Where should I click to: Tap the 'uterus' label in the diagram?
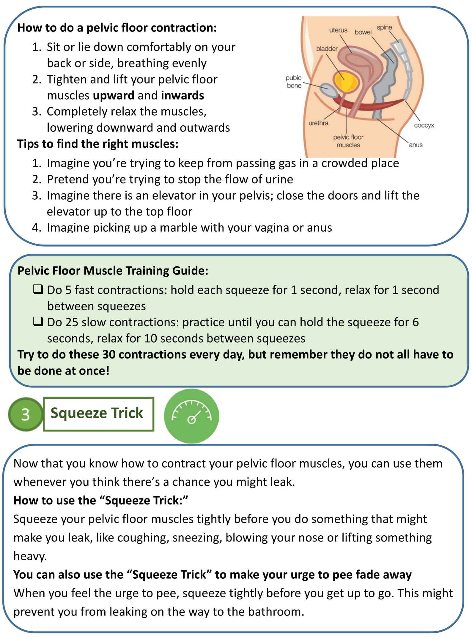[338, 30]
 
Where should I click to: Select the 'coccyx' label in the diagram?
[424, 125]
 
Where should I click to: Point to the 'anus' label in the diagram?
[416, 145]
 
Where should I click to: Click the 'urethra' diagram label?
[318, 123]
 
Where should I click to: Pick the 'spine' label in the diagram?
[384, 28]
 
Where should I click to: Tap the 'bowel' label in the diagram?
[363, 32]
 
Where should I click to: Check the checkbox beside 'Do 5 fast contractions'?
[38, 289]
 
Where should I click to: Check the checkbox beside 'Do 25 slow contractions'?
[38, 321]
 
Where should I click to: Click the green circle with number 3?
[26, 414]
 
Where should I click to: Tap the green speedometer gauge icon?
[191, 415]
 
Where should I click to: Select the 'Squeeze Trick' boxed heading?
[98, 413]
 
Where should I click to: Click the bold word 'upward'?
[114, 96]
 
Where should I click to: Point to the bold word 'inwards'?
[182, 96]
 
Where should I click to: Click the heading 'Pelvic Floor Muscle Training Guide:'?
[113, 271]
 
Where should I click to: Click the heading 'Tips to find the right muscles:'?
[98, 144]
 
